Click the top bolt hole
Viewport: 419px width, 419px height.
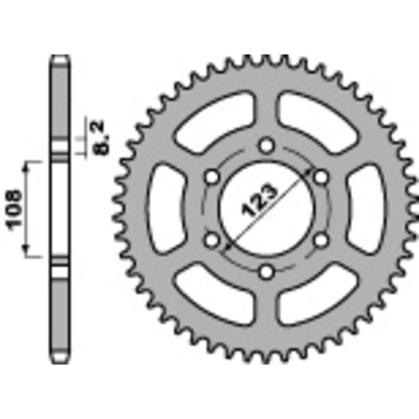pyautogui.click(x=267, y=145)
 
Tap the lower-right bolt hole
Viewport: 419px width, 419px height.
pyautogui.click(x=322, y=240)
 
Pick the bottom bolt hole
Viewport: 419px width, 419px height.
pyautogui.click(x=267, y=271)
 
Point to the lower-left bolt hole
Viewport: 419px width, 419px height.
pyautogui.click(x=212, y=240)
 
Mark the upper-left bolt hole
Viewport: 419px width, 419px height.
pyautogui.click(x=212, y=177)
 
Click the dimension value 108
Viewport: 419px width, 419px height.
pyautogui.click(x=16, y=208)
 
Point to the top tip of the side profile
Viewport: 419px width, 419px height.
pyautogui.click(x=60, y=57)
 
